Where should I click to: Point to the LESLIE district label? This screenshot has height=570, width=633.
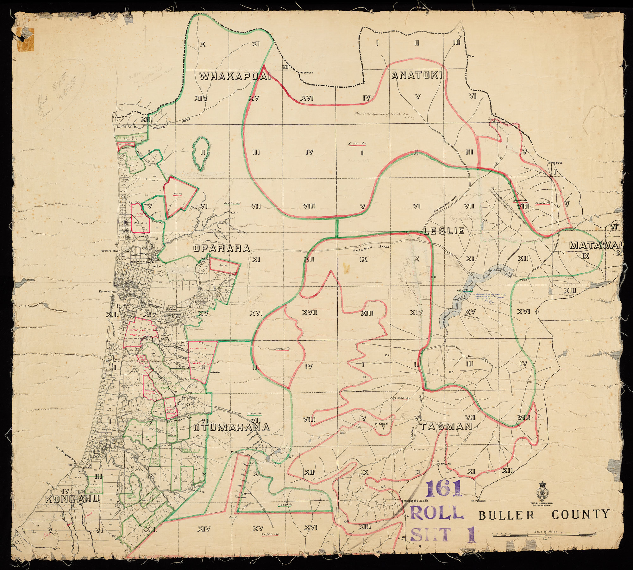point(444,231)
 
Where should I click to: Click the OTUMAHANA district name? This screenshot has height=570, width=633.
point(231,427)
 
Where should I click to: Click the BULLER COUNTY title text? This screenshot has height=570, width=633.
point(544,514)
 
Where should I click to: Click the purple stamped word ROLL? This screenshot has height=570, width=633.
point(437,513)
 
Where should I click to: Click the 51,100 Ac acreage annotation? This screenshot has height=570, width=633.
point(357,144)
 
